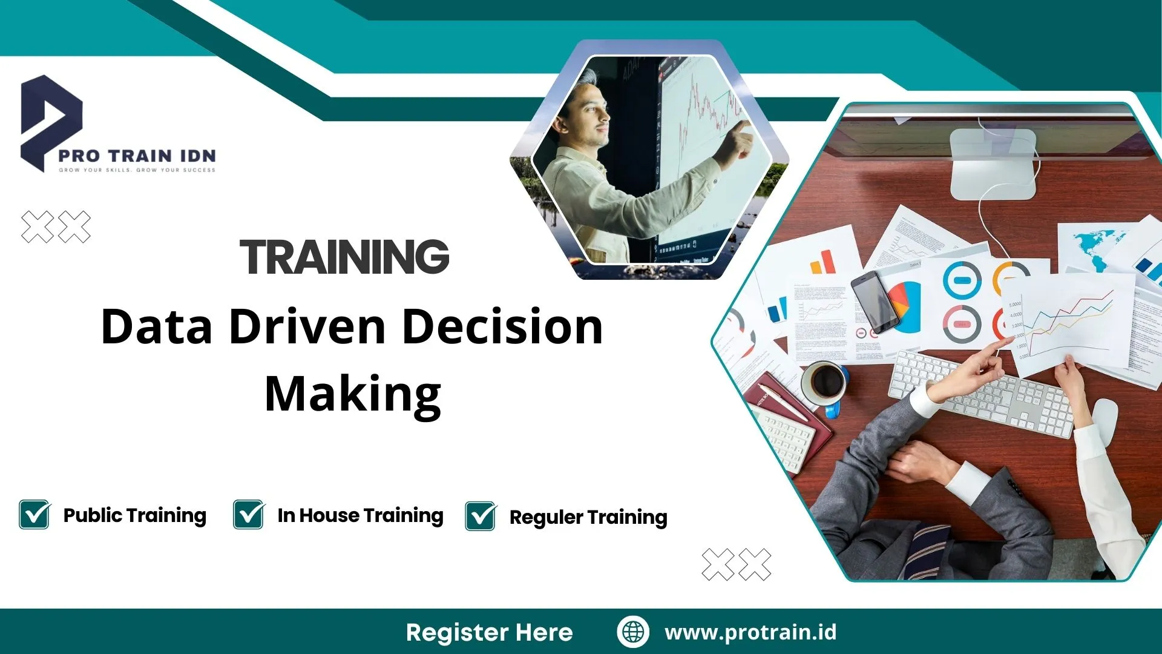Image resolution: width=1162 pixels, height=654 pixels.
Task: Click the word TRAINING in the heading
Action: click(x=344, y=257)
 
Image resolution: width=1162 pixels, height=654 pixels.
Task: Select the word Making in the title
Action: click(x=353, y=394)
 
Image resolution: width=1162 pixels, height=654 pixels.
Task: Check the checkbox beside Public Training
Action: click(x=34, y=515)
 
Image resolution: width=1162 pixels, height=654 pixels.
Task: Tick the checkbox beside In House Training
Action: click(x=249, y=515)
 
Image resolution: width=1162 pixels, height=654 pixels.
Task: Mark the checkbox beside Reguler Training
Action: click(x=481, y=517)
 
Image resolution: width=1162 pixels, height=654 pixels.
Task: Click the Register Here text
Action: click(x=489, y=632)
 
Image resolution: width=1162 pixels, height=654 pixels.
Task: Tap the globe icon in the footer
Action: click(x=633, y=632)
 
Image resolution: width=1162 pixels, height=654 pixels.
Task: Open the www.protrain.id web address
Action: click(x=750, y=632)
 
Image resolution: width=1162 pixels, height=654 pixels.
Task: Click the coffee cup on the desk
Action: click(x=824, y=383)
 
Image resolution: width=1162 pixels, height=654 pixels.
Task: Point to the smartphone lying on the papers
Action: click(x=875, y=302)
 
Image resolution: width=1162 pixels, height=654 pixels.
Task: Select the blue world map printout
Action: click(x=1095, y=248)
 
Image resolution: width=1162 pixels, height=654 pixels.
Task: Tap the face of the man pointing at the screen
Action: click(x=589, y=115)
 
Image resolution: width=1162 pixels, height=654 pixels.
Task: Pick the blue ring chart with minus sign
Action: click(x=962, y=280)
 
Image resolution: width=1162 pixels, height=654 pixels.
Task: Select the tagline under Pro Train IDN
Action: click(x=137, y=170)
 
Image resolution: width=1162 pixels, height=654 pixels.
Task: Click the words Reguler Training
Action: click(x=588, y=517)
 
